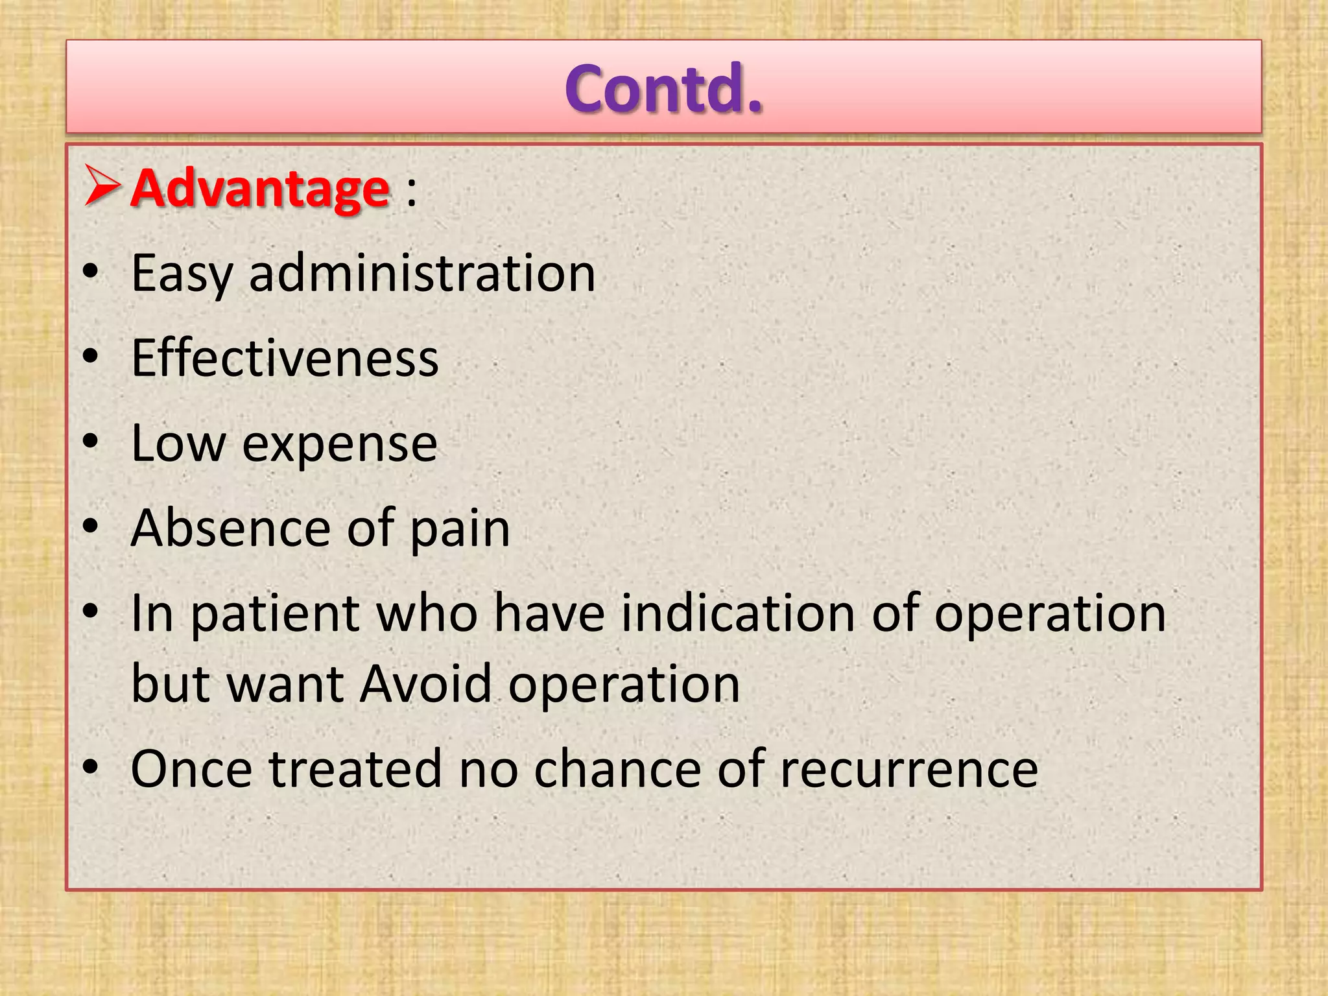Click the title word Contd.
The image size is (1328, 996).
663,89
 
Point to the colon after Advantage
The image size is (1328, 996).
411,192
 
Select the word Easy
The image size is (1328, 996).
181,274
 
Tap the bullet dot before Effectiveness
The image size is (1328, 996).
90,356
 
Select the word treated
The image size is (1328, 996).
355,768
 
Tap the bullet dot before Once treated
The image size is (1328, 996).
90,766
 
